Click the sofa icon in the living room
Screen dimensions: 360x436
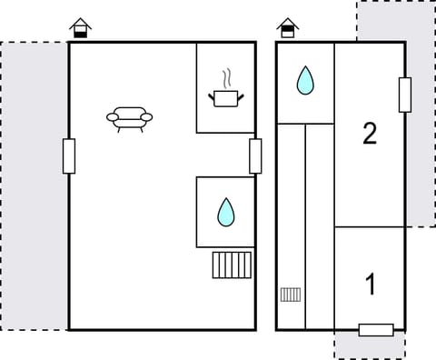130,117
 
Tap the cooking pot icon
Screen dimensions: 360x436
225,96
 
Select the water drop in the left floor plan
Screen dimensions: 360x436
225,213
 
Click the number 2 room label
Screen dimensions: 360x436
369,135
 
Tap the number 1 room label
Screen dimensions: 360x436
370,285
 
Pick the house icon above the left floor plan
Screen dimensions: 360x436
81,29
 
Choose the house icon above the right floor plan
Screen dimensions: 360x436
287,29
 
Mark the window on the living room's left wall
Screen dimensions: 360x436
69,155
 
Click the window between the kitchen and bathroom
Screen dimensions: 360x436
255,155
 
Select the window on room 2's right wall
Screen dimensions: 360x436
404,95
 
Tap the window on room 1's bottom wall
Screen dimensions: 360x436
375,329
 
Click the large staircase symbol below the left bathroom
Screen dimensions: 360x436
231,265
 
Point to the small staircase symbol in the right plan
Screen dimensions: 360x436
291,294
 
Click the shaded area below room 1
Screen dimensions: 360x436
368,345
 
